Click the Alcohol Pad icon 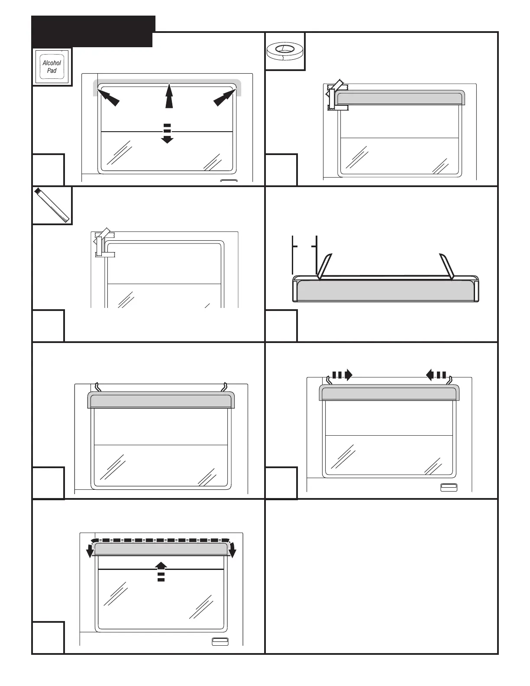pyautogui.click(x=52, y=67)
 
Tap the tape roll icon pyautogui.click(x=284, y=51)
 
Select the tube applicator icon pyautogui.click(x=52, y=205)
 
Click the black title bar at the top pyautogui.click(x=93, y=31)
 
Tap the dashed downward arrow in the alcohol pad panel pyautogui.click(x=167, y=133)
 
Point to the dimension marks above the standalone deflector pyautogui.click(x=305, y=246)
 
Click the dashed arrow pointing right pyautogui.click(x=342, y=375)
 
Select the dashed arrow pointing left pyautogui.click(x=436, y=375)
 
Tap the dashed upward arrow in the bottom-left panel pyautogui.click(x=161, y=570)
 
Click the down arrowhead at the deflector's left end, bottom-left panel pyautogui.click(x=90, y=551)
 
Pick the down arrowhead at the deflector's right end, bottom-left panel pyautogui.click(x=233, y=551)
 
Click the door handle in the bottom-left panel pyautogui.click(x=220, y=642)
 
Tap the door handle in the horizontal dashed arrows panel pyautogui.click(x=449, y=488)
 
